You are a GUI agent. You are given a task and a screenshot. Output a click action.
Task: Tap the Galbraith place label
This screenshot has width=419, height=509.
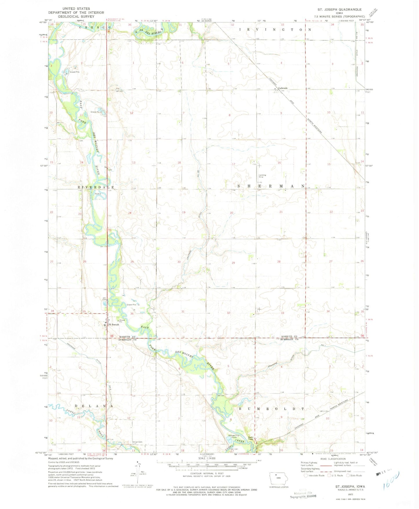click(x=283, y=88)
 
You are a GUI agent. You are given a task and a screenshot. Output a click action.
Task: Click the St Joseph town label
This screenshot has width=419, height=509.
click(x=114, y=324)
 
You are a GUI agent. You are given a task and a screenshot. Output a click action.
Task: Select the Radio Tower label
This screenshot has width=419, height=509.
click(x=250, y=438)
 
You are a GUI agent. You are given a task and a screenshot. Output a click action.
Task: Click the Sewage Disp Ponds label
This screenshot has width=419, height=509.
click(x=234, y=437)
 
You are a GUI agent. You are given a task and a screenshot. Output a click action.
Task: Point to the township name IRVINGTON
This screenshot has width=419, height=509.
click(x=275, y=30)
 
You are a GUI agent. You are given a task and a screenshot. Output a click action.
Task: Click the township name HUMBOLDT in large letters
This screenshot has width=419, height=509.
click(x=271, y=409)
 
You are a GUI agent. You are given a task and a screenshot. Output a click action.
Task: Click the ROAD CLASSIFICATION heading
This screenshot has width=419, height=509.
click(x=333, y=459)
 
